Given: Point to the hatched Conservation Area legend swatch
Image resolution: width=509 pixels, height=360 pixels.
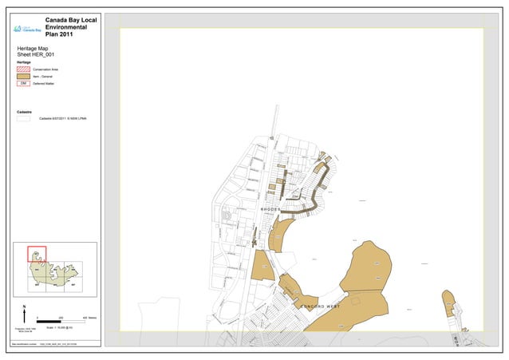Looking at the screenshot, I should (23, 69).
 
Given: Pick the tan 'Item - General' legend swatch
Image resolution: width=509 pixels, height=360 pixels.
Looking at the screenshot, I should (23, 77).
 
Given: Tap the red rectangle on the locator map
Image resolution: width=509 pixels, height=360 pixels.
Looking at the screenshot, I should (37, 254).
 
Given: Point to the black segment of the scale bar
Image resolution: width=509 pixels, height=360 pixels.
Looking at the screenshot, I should (50, 320).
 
